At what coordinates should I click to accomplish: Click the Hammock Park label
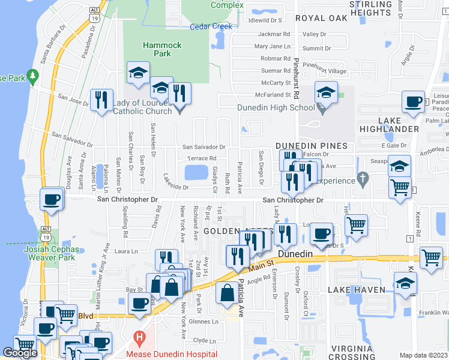click(157, 49)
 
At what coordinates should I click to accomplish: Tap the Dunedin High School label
click(276, 108)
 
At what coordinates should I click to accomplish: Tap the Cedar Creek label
click(210, 27)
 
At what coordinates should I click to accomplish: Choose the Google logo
click(20, 353)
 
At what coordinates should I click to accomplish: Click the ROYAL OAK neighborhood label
click(326, 18)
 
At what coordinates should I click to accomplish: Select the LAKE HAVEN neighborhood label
click(352, 290)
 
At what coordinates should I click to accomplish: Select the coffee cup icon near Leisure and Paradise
click(413, 103)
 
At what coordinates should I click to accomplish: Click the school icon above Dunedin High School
click(326, 94)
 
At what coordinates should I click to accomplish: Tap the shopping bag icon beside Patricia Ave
click(228, 294)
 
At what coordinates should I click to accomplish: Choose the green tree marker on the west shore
click(34, 77)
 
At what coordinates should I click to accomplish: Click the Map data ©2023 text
click(423, 355)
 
